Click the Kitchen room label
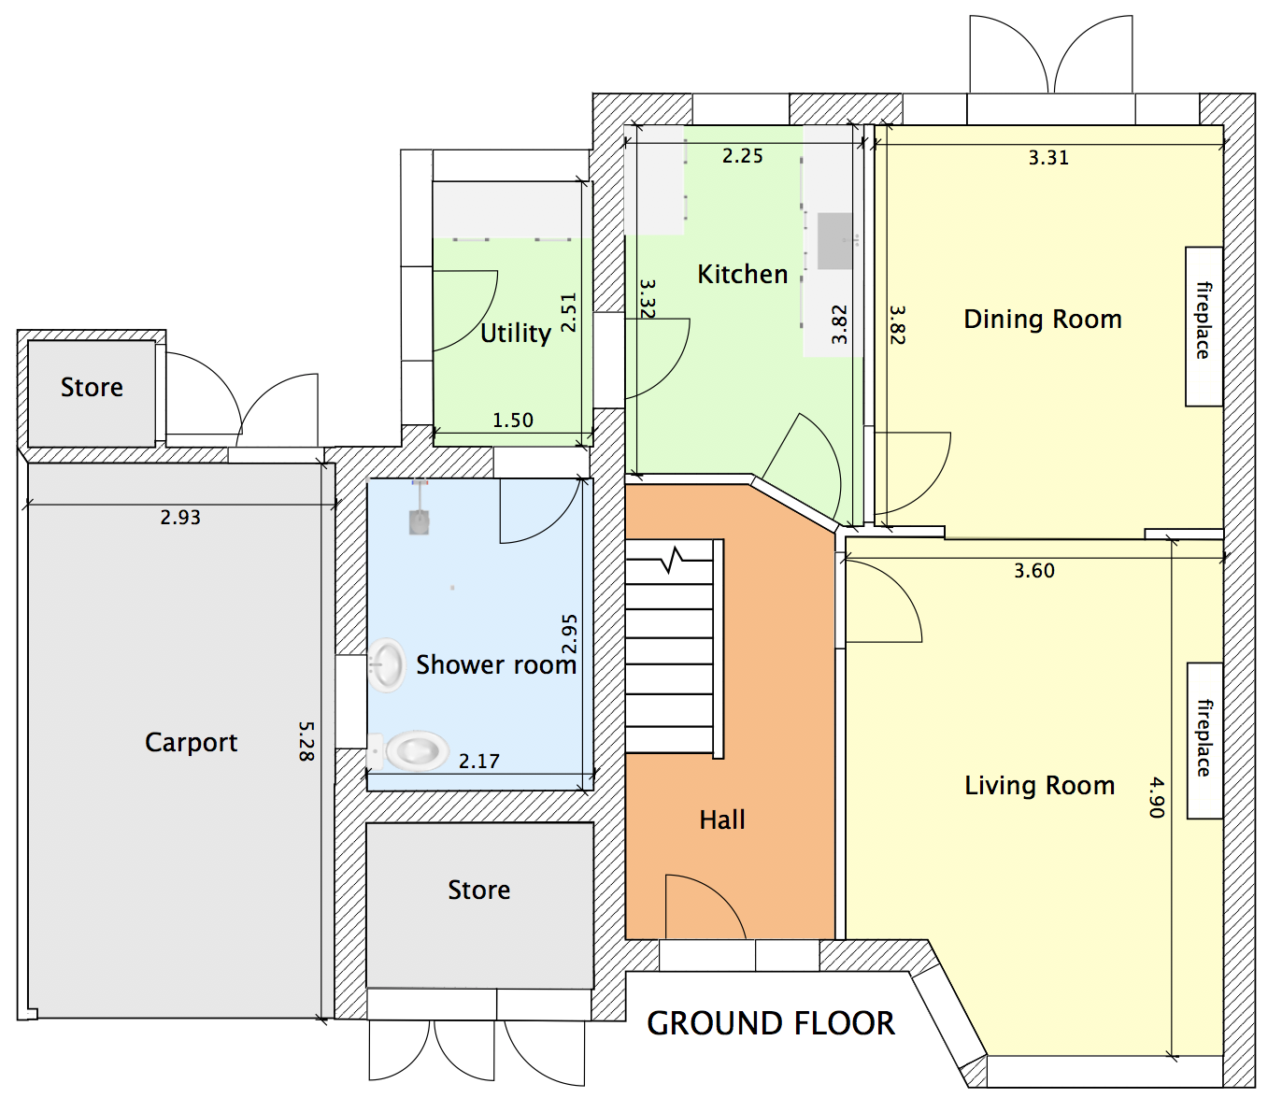tap(743, 275)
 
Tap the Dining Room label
tap(1043, 320)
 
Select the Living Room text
tap(1040, 786)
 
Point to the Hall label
tap(722, 820)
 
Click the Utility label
tap(516, 334)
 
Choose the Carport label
tap(192, 743)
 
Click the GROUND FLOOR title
tap(771, 1024)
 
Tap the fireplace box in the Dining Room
tap(1204, 326)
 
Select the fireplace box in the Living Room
tap(1204, 740)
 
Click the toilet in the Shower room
tap(415, 750)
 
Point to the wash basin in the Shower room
tap(386, 664)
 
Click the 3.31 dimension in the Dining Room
tap(1048, 158)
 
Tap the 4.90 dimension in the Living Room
tap(1157, 797)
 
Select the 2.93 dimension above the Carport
tap(180, 518)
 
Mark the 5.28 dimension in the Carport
tap(306, 741)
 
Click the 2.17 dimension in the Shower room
tap(479, 762)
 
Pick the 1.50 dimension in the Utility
tap(513, 421)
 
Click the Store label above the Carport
tap(92, 388)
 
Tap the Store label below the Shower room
tap(479, 891)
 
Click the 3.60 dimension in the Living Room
tap(1034, 571)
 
